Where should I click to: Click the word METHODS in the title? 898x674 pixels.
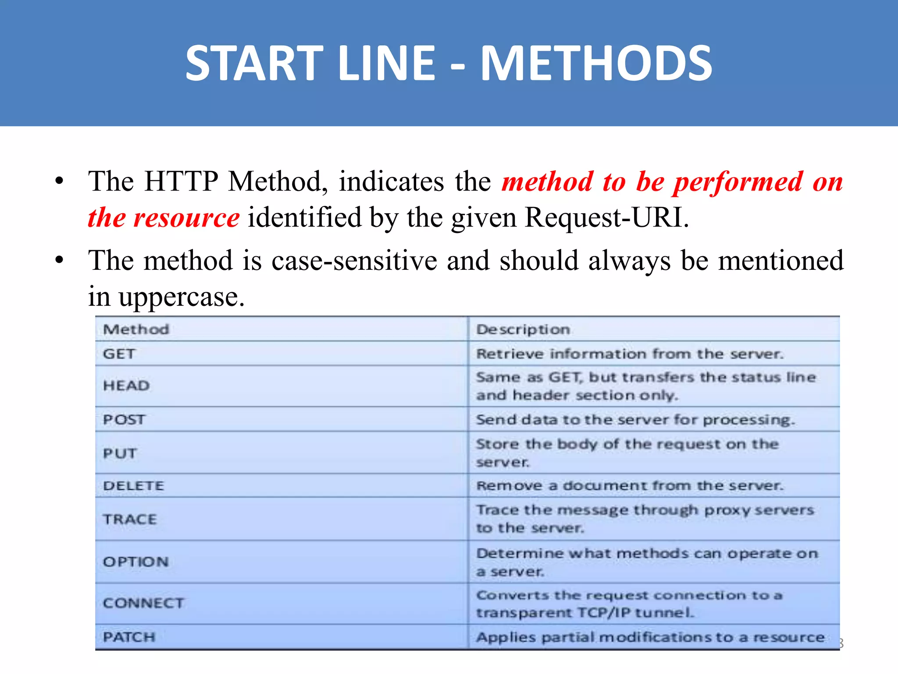point(596,64)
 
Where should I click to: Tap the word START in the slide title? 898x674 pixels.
point(254,64)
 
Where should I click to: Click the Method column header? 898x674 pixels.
point(136,329)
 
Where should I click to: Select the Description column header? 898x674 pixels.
point(523,329)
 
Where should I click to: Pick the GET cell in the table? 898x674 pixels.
point(119,354)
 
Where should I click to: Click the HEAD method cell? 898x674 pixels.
point(126,386)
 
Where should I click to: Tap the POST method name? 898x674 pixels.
point(124,419)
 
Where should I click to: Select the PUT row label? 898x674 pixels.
point(120,453)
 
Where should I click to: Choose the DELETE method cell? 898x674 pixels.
point(133,486)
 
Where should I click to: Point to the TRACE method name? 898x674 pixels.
point(130,519)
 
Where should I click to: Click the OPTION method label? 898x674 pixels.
point(135,562)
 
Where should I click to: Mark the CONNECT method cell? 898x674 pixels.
point(143,603)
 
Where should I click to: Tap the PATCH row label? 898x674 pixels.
point(129,637)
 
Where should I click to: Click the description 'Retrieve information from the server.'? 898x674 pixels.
point(630,354)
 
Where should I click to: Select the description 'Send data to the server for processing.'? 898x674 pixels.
point(635,419)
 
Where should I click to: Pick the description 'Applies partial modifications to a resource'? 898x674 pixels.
point(650,637)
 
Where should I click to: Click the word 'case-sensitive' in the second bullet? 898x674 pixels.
point(354,260)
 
